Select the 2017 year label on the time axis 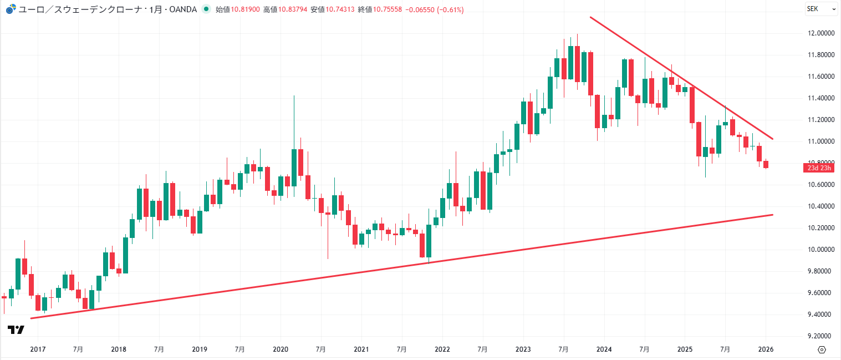click(37, 349)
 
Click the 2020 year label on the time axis click(281, 349)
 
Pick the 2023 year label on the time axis click(523, 349)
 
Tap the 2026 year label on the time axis click(766, 349)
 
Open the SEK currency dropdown click(821, 9)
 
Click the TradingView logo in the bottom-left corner click(16, 330)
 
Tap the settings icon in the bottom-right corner click(822, 349)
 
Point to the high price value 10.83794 click(293, 10)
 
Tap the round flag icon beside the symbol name click(11, 10)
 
